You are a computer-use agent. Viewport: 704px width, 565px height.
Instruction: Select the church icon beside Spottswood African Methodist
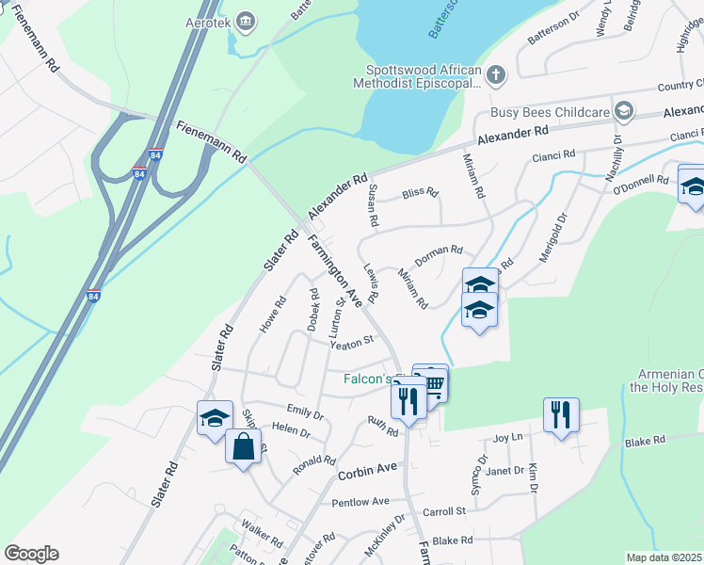pos(496,74)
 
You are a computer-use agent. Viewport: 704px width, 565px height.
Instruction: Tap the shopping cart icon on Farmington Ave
pos(433,384)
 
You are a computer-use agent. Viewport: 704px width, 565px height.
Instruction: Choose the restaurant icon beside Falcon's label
pos(408,400)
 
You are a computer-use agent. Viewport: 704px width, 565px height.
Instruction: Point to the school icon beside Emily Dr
pos(215,417)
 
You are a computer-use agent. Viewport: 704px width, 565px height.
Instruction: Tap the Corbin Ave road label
pos(369,468)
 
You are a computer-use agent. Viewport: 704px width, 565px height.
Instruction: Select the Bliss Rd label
pos(420,193)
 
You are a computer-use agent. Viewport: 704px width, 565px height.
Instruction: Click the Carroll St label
pos(444,511)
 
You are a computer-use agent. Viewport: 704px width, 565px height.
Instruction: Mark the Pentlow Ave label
pos(360,502)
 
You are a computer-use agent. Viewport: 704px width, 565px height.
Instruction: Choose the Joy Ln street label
pos(507,438)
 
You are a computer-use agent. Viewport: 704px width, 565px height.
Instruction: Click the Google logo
pos(32,554)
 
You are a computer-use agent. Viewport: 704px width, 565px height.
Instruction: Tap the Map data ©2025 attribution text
pos(664,557)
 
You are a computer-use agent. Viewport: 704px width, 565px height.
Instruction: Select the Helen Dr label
pos(290,431)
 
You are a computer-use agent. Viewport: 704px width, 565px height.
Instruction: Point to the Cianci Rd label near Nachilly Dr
pos(553,154)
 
